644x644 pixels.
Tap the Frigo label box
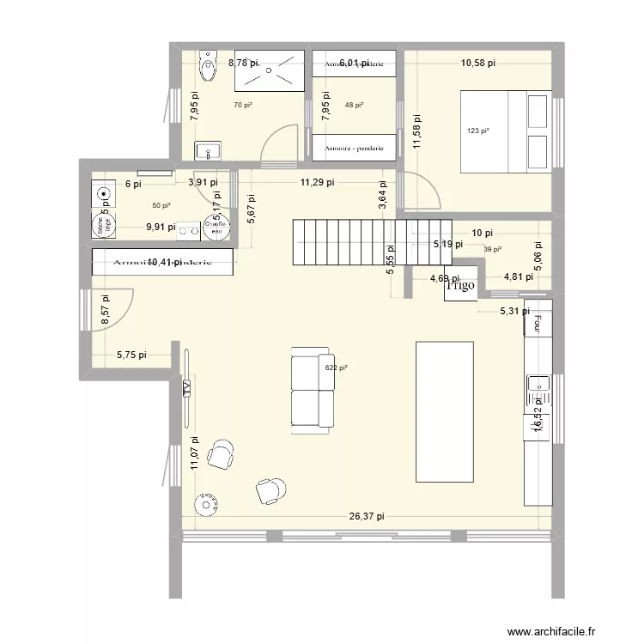(460, 286)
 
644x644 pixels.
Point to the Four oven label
(539, 323)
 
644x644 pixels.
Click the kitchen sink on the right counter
(539, 384)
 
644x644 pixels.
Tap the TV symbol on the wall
(186, 388)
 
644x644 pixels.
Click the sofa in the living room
(312, 387)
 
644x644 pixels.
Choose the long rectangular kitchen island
(445, 411)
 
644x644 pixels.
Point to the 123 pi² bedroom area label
(478, 131)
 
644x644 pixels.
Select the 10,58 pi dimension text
(478, 63)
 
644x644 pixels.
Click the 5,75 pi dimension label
(131, 354)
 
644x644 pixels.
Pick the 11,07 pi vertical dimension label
(196, 453)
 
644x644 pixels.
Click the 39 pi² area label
(492, 249)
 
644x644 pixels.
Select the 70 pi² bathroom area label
(243, 105)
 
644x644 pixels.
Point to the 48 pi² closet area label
(354, 105)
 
